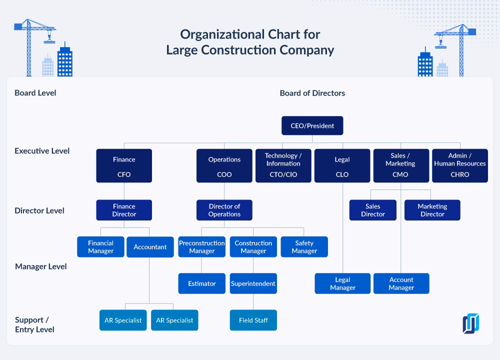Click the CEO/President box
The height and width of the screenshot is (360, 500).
pos(312,125)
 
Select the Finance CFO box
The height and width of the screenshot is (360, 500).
pos(124,166)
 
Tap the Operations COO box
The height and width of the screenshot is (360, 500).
pos(224,166)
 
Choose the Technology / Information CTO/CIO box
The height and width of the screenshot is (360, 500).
pos(283,166)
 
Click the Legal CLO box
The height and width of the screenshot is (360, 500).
pos(342,166)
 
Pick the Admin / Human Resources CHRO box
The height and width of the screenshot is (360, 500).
pos(459,166)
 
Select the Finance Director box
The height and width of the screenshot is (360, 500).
pos(124,210)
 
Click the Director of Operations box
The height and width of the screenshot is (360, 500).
pos(224,210)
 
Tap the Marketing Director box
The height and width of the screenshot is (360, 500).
pos(432,210)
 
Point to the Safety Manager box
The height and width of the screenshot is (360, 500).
pos(304,247)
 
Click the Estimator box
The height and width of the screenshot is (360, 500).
pos(202,283)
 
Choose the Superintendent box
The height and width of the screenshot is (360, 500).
pos(253,283)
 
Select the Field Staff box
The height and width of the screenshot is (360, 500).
pos(253,320)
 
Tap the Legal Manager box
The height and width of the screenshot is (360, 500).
pos(342,283)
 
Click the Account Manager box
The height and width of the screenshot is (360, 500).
pos(401,283)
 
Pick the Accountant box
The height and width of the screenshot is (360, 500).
pos(150,247)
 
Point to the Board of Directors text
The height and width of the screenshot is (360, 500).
pos(312,93)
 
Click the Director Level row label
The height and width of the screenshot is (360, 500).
pos(39,210)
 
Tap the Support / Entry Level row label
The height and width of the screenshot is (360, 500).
pos(34,324)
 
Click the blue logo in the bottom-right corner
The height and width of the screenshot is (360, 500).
pos(470,323)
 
